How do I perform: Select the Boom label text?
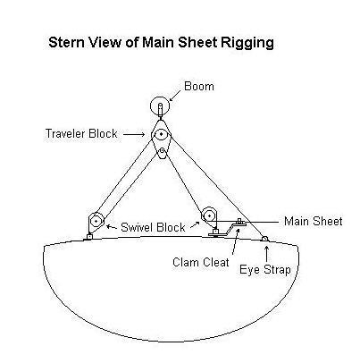click(199, 87)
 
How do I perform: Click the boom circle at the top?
click(160, 106)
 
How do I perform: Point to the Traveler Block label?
click(81, 133)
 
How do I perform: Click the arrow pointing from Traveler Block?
click(134, 134)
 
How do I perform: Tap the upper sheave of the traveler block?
click(161, 134)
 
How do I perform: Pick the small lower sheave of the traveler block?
click(162, 151)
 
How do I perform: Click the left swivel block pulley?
click(96, 221)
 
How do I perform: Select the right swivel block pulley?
click(209, 215)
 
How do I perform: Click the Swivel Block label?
click(153, 227)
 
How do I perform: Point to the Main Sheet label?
click(314, 222)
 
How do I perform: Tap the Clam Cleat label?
click(201, 263)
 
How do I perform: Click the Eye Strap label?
click(265, 270)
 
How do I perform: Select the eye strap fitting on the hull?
click(264, 239)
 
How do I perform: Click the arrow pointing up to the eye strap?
click(266, 253)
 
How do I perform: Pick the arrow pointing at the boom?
click(175, 96)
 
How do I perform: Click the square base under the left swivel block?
click(89, 237)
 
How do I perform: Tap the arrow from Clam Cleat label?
click(235, 241)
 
